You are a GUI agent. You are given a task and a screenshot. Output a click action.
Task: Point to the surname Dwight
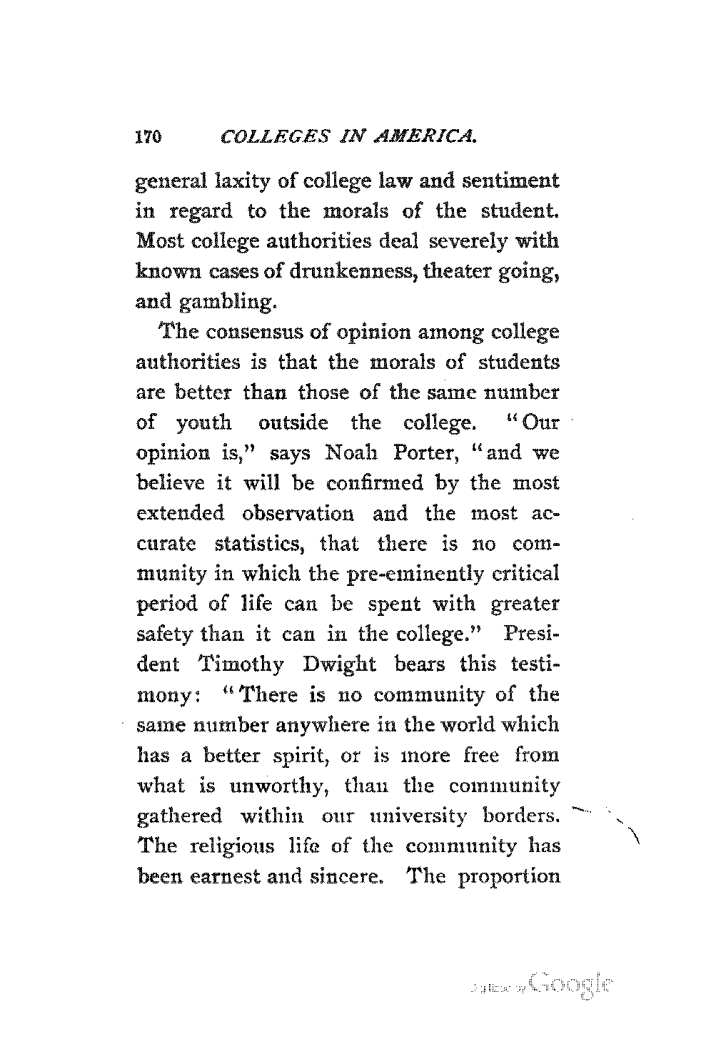coord(347,664)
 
